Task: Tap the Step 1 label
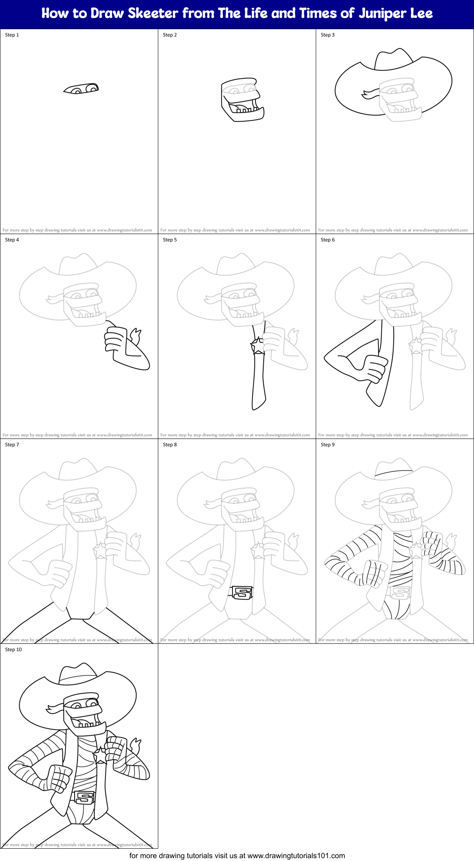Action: click(12, 35)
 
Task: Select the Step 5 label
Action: click(170, 240)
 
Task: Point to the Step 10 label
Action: click(14, 650)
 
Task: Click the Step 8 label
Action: click(170, 445)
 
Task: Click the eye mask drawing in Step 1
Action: click(81, 88)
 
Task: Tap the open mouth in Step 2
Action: click(244, 105)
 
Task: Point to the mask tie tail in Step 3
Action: click(369, 94)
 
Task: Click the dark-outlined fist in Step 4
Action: click(115, 339)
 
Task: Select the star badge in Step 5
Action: click(258, 346)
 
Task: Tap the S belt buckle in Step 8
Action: click(242, 592)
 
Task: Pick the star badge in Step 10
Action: click(100, 755)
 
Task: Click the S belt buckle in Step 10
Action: click(84, 797)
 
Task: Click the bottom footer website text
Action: click(237, 856)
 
